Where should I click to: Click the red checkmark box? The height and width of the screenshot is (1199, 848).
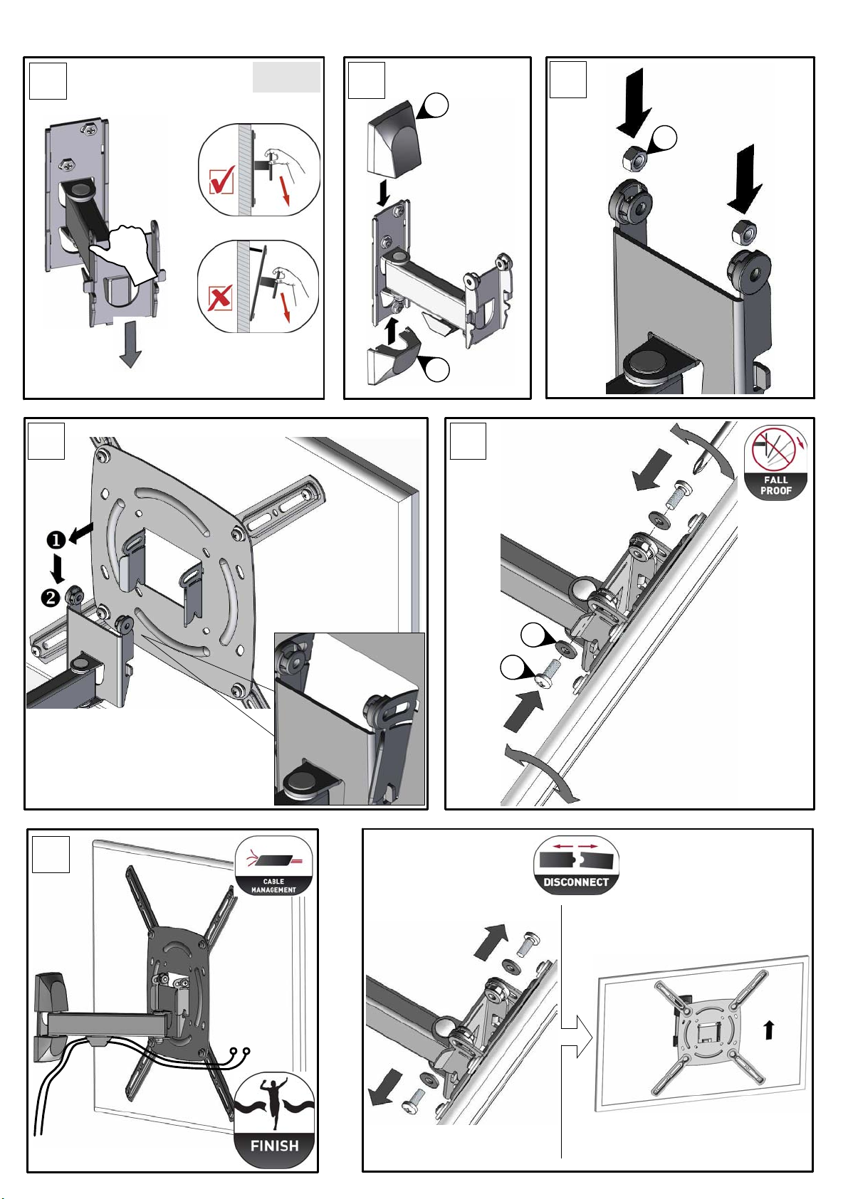(221, 181)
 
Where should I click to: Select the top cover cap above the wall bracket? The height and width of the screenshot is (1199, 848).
(394, 142)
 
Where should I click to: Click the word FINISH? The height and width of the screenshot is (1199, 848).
(274, 1146)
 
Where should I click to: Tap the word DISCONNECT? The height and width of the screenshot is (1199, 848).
(576, 882)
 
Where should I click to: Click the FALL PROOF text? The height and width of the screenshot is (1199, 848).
(775, 485)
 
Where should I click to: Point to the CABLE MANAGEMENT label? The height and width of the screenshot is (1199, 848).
(273, 885)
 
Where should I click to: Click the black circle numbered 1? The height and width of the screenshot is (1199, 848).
(56, 540)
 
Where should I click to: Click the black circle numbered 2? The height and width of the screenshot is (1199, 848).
(51, 597)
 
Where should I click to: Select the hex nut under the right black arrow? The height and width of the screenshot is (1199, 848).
(745, 231)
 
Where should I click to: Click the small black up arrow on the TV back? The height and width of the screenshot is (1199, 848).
(769, 1030)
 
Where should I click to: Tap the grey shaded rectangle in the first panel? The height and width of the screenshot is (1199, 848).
(287, 77)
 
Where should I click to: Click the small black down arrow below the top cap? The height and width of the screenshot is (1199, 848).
(383, 194)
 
